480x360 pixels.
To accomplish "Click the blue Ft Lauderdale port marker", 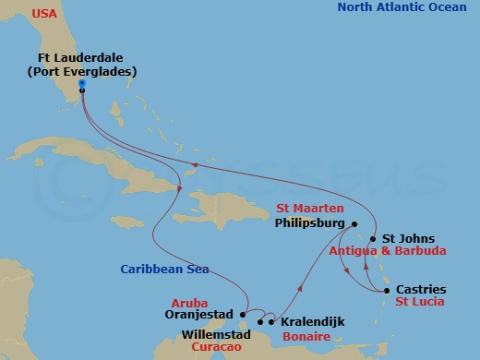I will (x=82, y=84).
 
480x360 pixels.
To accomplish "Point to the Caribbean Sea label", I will (x=163, y=270).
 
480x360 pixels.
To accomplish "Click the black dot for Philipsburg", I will (x=354, y=223).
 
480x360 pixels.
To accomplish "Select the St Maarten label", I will (x=313, y=209).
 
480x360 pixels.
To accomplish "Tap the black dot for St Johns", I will (x=373, y=237).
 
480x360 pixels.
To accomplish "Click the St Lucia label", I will (x=419, y=302).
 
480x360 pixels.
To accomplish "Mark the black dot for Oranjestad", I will (x=245, y=311).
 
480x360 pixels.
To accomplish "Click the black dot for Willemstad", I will (x=260, y=322).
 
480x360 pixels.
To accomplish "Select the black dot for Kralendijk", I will (x=271, y=322).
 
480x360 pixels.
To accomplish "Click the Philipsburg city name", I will (x=309, y=223).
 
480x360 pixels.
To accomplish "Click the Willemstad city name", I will (x=216, y=335).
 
